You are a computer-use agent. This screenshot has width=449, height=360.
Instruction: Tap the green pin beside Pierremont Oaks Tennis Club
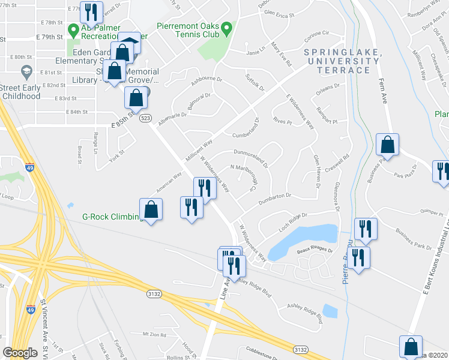click(x=226, y=28)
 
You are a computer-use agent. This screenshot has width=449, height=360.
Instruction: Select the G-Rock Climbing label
click(x=105, y=217)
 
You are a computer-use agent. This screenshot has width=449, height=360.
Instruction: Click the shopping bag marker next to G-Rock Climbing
click(x=151, y=210)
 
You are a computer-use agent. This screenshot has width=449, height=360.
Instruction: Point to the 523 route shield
click(x=145, y=118)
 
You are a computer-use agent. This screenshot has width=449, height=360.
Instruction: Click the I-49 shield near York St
click(x=29, y=167)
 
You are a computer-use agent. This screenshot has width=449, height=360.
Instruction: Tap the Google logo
click(x=20, y=353)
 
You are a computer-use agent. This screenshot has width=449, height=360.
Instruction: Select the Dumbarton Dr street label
click(x=274, y=196)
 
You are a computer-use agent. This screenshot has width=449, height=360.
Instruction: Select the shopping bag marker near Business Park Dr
click(x=388, y=145)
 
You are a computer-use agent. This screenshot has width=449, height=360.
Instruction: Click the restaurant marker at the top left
click(x=91, y=11)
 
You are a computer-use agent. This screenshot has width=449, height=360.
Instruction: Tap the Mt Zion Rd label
click(x=154, y=334)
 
